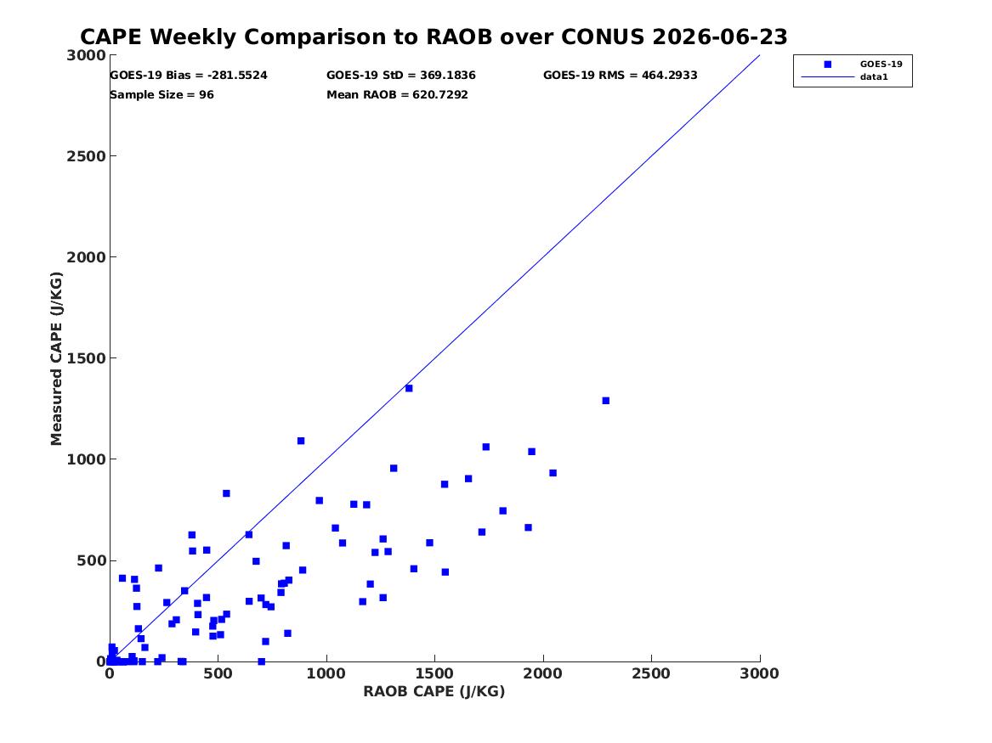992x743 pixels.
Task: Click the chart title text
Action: pyautogui.click(x=434, y=37)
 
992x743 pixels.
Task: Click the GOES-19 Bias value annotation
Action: pyautogui.click(x=189, y=76)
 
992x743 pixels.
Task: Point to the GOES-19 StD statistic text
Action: pyautogui.click(x=401, y=76)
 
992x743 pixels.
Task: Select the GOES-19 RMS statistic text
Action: pyautogui.click(x=620, y=76)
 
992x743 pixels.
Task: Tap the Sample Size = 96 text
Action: pyautogui.click(x=162, y=95)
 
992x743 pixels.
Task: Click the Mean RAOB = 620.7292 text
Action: pyautogui.click(x=397, y=95)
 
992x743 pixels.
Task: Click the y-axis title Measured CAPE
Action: pyautogui.click(x=56, y=358)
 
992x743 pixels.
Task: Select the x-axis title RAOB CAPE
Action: pyautogui.click(x=434, y=691)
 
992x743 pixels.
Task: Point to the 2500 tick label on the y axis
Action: pyautogui.click(x=86, y=156)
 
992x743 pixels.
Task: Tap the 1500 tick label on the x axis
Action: pyautogui.click(x=434, y=673)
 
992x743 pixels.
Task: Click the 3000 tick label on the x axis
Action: pyautogui.click(x=759, y=673)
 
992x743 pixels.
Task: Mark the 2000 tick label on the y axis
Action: pyautogui.click(x=86, y=257)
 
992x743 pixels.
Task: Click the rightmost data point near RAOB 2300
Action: pyautogui.click(x=605, y=401)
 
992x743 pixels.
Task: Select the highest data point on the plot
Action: pyautogui.click(x=409, y=388)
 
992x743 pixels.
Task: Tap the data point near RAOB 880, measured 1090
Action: pyautogui.click(x=301, y=441)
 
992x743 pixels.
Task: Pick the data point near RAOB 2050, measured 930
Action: pyautogui.click(x=553, y=473)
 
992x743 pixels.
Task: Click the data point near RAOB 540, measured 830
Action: pyautogui.click(x=226, y=493)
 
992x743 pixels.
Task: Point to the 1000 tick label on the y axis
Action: pyautogui.click(x=86, y=459)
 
